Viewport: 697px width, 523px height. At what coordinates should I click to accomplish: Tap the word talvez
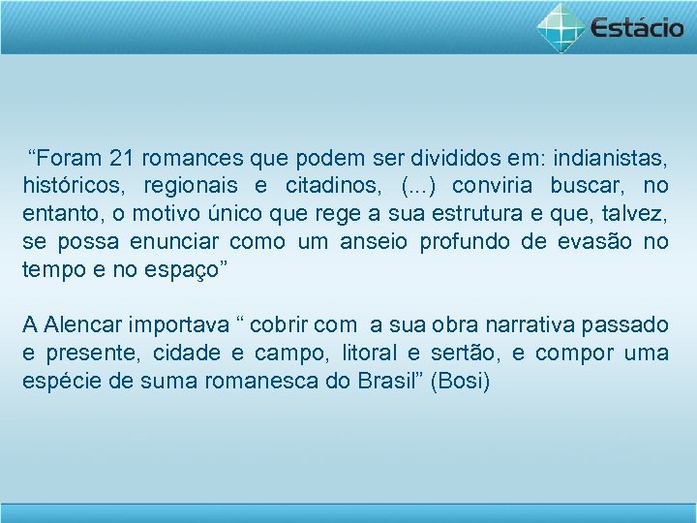click(x=637, y=212)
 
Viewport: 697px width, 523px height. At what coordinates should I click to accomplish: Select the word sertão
click(x=462, y=353)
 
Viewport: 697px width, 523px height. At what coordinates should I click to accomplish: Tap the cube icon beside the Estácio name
click(x=561, y=26)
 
